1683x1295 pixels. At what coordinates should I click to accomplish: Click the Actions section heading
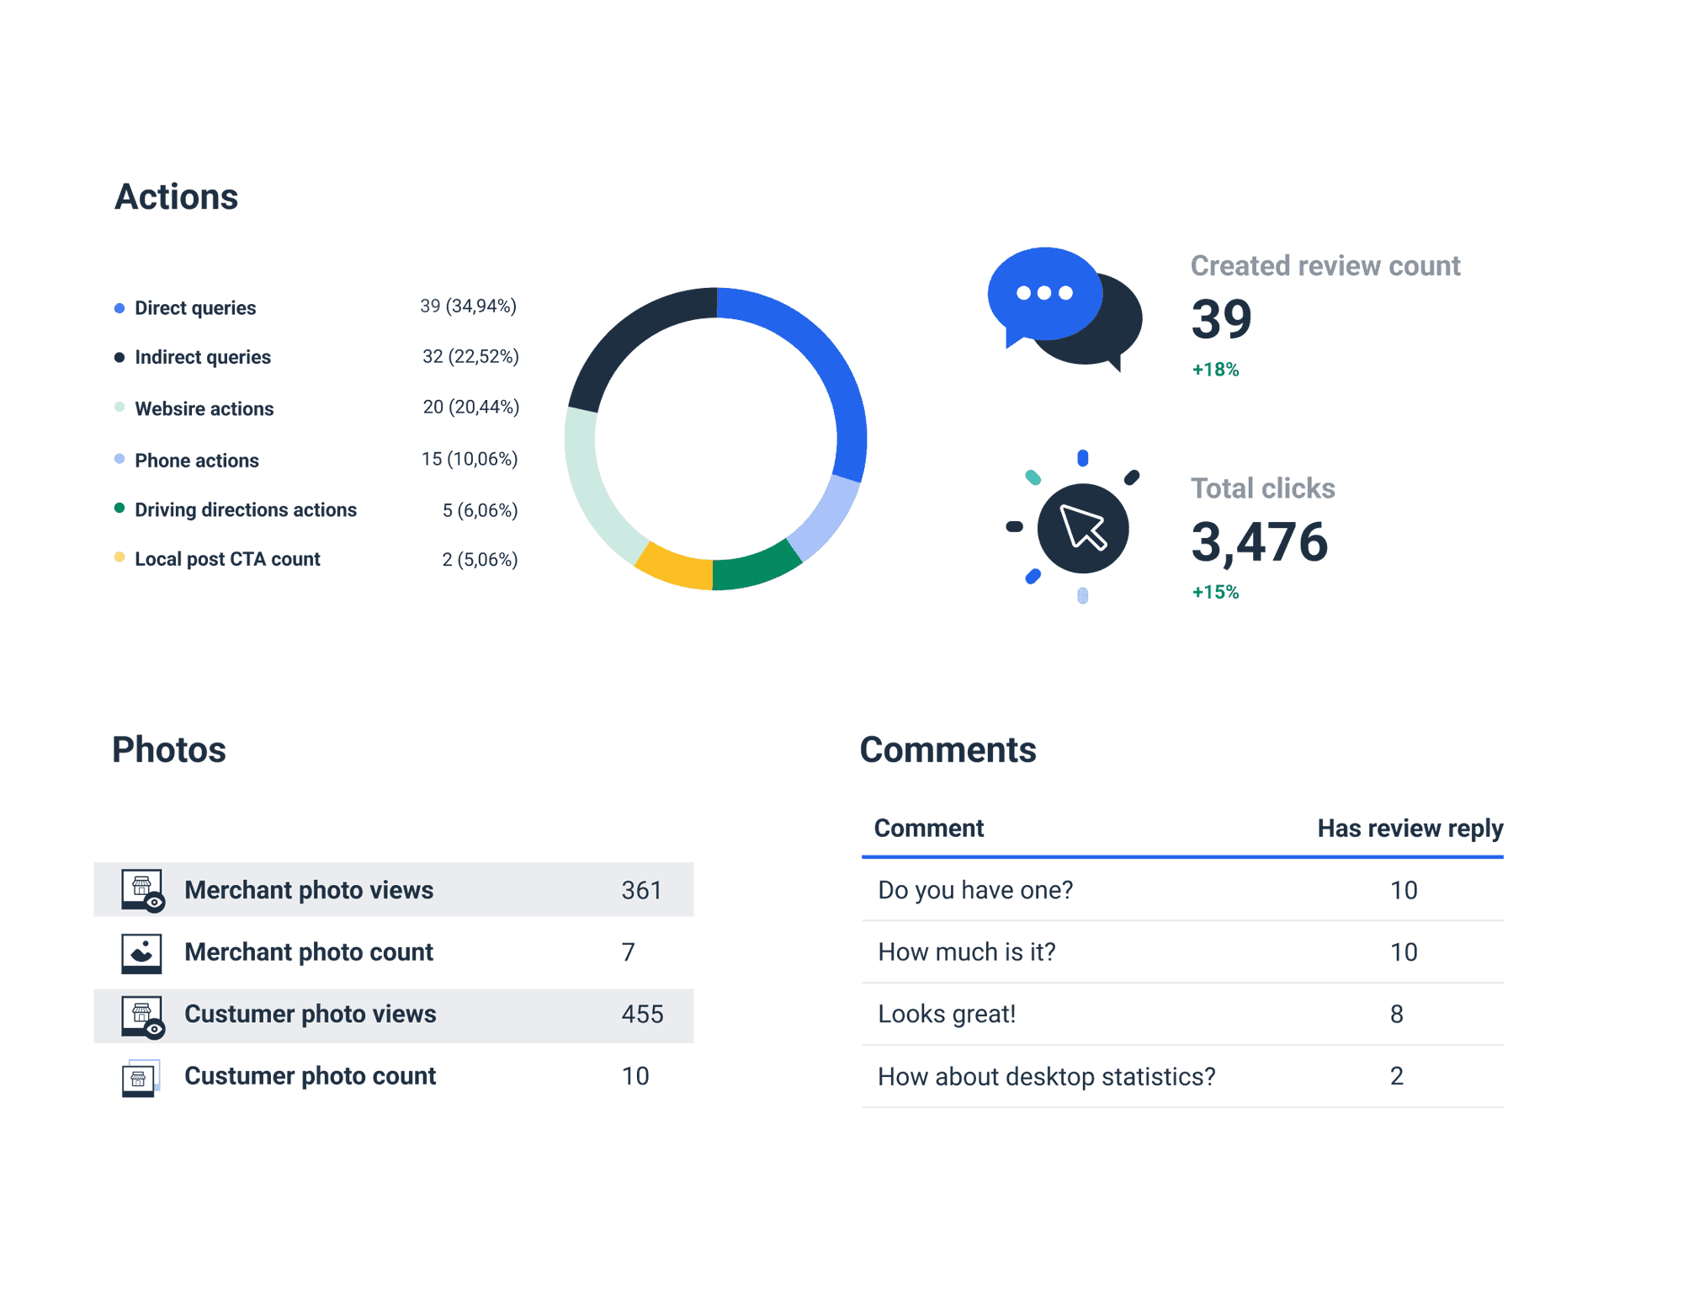click(177, 197)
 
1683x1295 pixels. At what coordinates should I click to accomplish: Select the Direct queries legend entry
click(194, 308)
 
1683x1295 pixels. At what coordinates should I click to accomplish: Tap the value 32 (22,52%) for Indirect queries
click(470, 356)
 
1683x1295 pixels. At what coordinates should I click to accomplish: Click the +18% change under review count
click(1215, 370)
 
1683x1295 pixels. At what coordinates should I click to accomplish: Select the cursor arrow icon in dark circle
click(1083, 529)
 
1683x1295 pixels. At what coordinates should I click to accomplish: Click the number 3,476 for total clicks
click(1259, 541)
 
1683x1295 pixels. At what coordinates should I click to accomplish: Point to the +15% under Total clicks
click(1215, 592)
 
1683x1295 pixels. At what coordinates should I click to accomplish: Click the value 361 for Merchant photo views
click(641, 890)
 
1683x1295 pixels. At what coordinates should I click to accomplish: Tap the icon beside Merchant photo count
click(141, 952)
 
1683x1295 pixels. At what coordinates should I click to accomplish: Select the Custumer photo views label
click(310, 1014)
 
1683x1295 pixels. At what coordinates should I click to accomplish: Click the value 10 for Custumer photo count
click(635, 1076)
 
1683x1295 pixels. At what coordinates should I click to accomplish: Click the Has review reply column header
click(1410, 829)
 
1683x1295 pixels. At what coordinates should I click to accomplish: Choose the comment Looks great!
click(947, 1014)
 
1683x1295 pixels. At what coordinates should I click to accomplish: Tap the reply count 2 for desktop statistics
click(1396, 1076)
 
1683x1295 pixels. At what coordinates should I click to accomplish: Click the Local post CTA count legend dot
click(119, 557)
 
